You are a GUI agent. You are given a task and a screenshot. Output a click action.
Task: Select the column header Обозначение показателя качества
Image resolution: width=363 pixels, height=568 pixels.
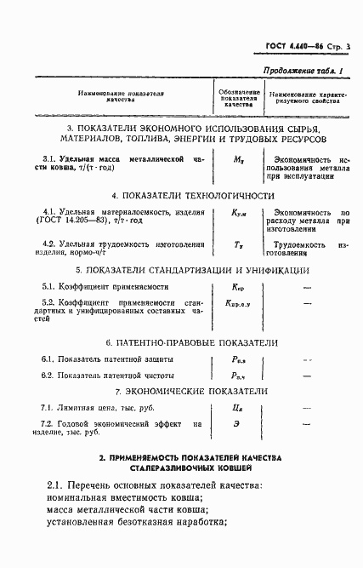click(x=239, y=97)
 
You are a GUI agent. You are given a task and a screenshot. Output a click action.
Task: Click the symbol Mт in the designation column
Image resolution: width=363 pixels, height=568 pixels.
click(x=239, y=159)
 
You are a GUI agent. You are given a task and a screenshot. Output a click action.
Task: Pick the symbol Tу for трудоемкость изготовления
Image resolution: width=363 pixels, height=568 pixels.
click(x=239, y=244)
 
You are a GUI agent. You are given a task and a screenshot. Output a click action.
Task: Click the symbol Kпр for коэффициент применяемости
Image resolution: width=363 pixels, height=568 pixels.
click(x=239, y=288)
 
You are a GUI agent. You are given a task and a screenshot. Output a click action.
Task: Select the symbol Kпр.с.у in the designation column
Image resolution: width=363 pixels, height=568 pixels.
click(x=239, y=303)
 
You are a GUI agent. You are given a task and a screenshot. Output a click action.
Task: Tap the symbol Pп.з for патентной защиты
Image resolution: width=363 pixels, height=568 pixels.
click(x=240, y=361)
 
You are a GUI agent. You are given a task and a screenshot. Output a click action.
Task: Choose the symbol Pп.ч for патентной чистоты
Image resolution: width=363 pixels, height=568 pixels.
click(x=240, y=376)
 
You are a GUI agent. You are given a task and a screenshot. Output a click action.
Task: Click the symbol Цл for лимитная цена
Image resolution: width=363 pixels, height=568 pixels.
click(x=239, y=409)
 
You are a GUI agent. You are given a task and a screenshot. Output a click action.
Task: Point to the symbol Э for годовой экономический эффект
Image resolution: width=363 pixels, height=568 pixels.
click(x=239, y=424)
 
